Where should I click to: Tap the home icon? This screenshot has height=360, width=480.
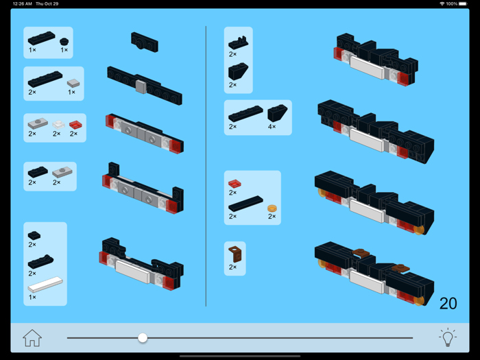(32, 337)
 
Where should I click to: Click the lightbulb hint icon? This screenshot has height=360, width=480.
(447, 337)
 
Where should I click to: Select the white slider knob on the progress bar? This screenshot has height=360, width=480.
(143, 337)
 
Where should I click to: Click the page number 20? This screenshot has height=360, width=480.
(448, 303)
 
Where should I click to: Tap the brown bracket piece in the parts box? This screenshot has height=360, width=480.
(235, 253)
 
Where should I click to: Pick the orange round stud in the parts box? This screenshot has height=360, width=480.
(272, 206)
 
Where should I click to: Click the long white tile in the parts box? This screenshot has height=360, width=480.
(45, 284)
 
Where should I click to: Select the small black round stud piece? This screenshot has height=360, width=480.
(64, 40)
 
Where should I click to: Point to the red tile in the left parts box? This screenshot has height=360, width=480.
(75, 124)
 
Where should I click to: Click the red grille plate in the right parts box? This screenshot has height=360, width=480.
(235, 184)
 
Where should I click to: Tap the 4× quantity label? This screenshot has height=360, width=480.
(272, 127)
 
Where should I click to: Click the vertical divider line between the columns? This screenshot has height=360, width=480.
(206, 165)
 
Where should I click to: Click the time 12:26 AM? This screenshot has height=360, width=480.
(23, 3)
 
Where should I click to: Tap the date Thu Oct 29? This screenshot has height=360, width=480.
(47, 3)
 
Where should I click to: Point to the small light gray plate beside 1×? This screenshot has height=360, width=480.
(73, 83)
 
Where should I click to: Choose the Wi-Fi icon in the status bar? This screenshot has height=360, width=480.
(442, 3)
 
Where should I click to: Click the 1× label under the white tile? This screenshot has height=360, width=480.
(32, 297)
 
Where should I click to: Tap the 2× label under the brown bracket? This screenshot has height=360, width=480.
(232, 267)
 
